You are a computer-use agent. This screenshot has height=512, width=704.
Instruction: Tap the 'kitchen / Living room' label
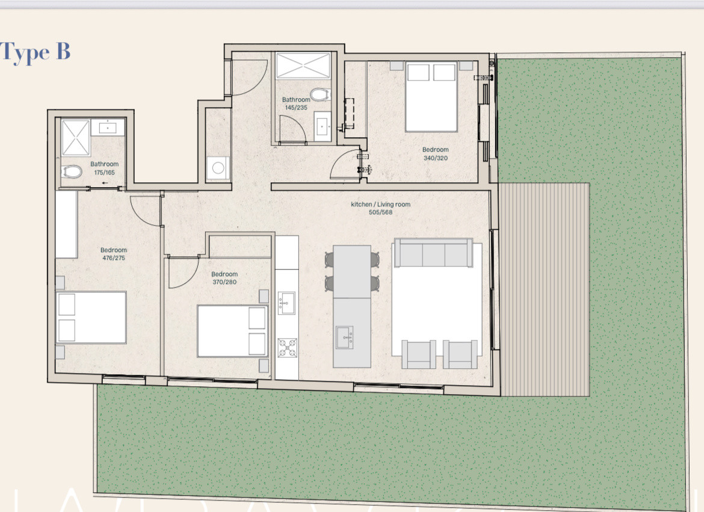pyautogui.click(x=380, y=205)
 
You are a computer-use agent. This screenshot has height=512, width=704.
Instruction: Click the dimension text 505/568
pyautogui.click(x=380, y=212)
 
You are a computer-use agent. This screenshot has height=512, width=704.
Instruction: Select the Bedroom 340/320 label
pyautogui.click(x=435, y=153)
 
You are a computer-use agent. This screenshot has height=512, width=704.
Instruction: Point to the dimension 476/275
pyautogui.click(x=114, y=258)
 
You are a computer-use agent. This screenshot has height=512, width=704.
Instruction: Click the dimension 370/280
pyautogui.click(x=224, y=282)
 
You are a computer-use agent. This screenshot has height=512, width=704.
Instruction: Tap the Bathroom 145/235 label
pyautogui.click(x=296, y=103)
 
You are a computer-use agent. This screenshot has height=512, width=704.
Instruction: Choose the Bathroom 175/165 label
pyautogui.click(x=104, y=168)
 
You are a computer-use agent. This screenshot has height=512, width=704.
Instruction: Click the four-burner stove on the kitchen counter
pyautogui.click(x=287, y=348)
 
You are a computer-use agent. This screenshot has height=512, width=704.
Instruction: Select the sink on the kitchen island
pyautogui.click(x=344, y=338)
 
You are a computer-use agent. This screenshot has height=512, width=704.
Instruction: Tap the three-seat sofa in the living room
pyautogui.click(x=433, y=253)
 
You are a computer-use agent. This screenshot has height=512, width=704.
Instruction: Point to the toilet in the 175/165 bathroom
pyautogui.click(x=72, y=171)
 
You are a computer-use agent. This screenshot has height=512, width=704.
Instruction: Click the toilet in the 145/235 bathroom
pyautogui.click(x=320, y=95)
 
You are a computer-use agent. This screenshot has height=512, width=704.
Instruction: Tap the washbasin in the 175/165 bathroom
pyautogui.click(x=108, y=128)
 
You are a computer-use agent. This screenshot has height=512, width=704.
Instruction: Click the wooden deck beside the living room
pyautogui.click(x=544, y=289)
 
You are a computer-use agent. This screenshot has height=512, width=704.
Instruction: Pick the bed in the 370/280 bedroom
pyautogui.click(x=233, y=332)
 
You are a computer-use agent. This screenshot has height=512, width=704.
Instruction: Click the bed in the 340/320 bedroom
pyautogui.click(x=431, y=96)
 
